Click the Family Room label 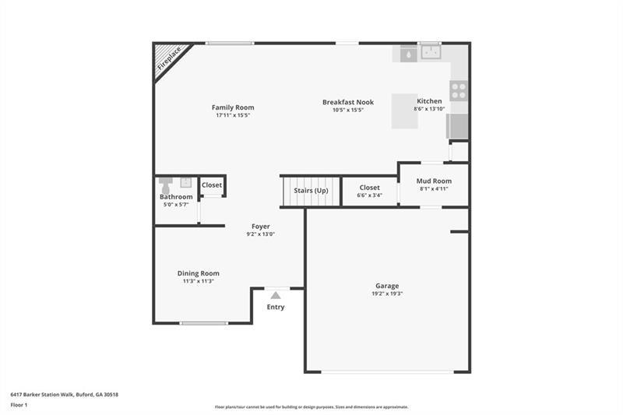(x=233, y=107)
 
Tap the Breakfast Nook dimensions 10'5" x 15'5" (x=348, y=110)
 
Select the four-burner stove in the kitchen (x=459, y=91)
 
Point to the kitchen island (x=404, y=111)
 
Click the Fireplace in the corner (x=168, y=59)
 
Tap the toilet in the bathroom (x=165, y=185)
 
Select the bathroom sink (x=186, y=182)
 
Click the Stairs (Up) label (x=311, y=191)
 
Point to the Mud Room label (x=434, y=181)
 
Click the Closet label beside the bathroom (x=212, y=185)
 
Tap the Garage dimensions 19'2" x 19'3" (x=387, y=294)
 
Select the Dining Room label (x=199, y=273)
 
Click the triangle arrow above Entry (x=276, y=295)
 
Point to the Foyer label (x=260, y=227)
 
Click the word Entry (x=276, y=307)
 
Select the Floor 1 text (x=19, y=406)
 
